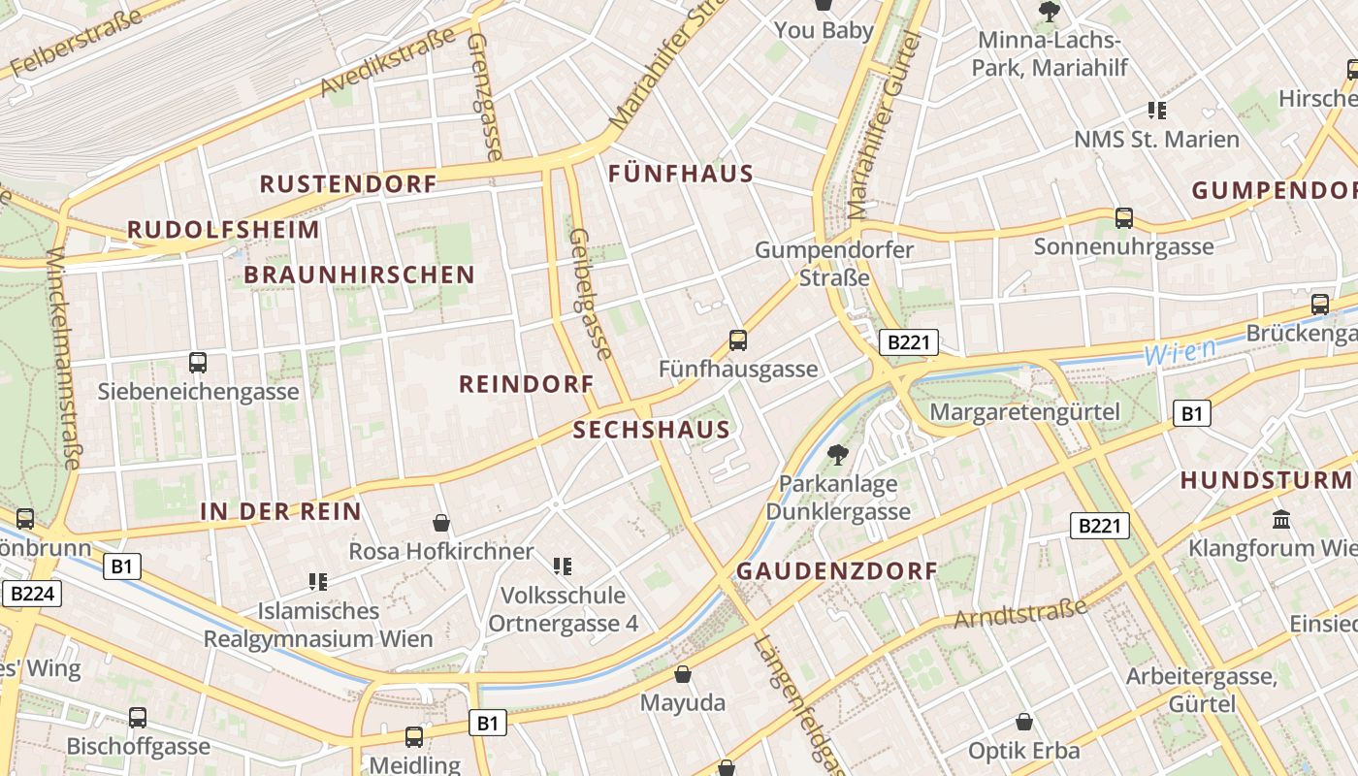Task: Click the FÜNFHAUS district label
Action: pos(680,175)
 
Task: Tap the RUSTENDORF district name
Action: pos(347,183)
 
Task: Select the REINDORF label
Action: pos(526,384)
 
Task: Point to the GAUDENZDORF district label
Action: pos(836,571)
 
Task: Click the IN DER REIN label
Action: pos(280,511)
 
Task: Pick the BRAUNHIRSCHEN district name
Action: pos(359,275)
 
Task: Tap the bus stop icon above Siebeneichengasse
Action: pos(198,363)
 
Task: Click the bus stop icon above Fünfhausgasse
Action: pos(738,340)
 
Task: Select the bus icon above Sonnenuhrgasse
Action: pos(1124,218)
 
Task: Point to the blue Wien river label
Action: pos(1180,352)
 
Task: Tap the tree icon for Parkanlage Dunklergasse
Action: pos(837,454)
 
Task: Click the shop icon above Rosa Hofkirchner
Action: pos(441,523)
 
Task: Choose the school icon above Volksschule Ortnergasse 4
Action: pos(562,566)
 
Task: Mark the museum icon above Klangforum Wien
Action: pos(1281,520)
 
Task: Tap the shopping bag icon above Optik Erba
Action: pos(1024,722)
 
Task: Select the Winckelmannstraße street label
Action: pos(62,359)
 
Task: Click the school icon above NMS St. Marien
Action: pos(1156,110)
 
